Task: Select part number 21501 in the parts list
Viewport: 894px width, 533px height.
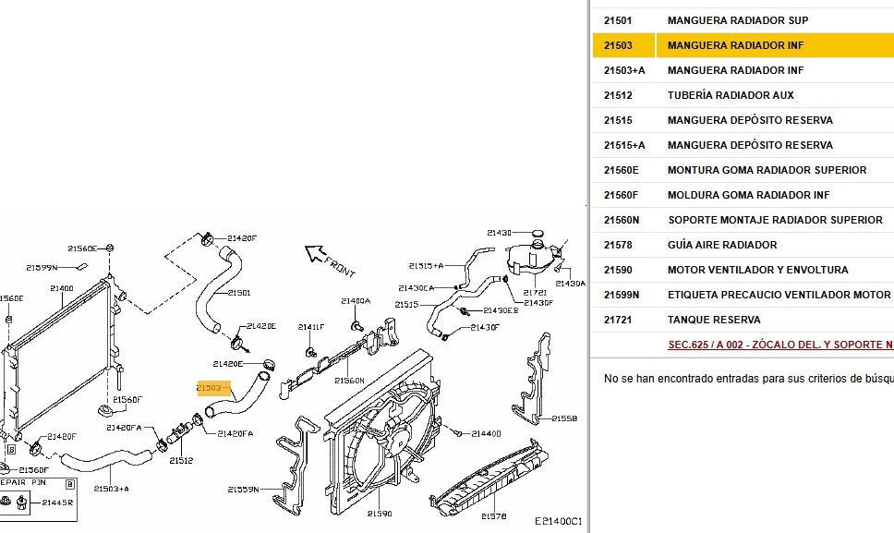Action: click(x=618, y=20)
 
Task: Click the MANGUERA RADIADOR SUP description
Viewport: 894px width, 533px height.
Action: click(x=738, y=20)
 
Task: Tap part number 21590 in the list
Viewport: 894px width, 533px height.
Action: click(x=618, y=270)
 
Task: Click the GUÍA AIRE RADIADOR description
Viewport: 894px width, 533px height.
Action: click(x=722, y=245)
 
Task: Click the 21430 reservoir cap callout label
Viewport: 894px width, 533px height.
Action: click(x=499, y=233)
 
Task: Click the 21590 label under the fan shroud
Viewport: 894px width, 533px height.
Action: click(x=380, y=514)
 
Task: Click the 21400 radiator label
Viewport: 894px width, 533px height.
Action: click(x=62, y=288)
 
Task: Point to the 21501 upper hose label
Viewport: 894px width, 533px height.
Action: click(x=238, y=293)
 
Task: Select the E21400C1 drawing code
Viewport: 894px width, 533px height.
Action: click(x=558, y=523)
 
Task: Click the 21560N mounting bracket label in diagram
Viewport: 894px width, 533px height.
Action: click(x=349, y=381)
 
